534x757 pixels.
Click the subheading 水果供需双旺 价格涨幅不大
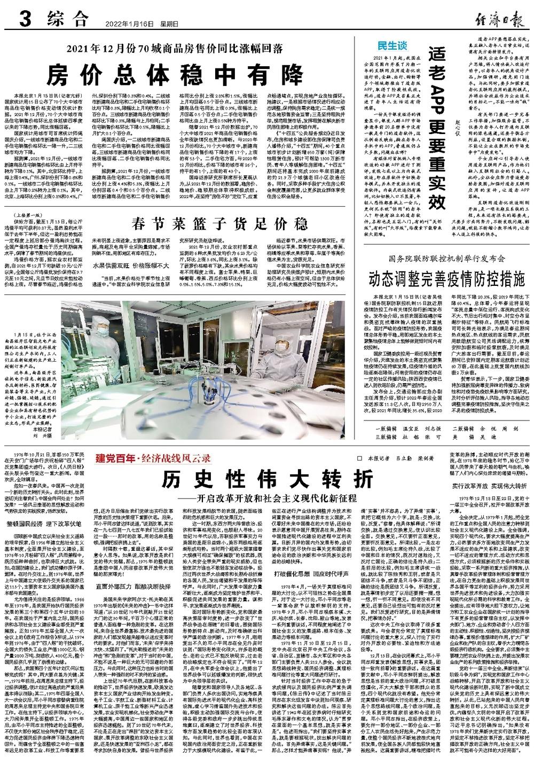(x=131, y=265)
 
